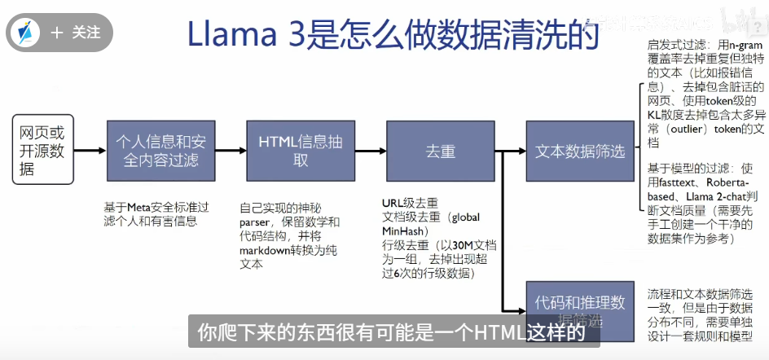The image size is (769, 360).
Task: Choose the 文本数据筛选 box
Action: pyautogui.click(x=580, y=151)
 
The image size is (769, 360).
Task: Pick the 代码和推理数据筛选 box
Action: pyautogui.click(x=580, y=310)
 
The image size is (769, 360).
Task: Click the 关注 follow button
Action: pyautogui.click(x=76, y=33)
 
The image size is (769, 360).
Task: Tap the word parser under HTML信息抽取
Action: pyautogui.click(x=254, y=222)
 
